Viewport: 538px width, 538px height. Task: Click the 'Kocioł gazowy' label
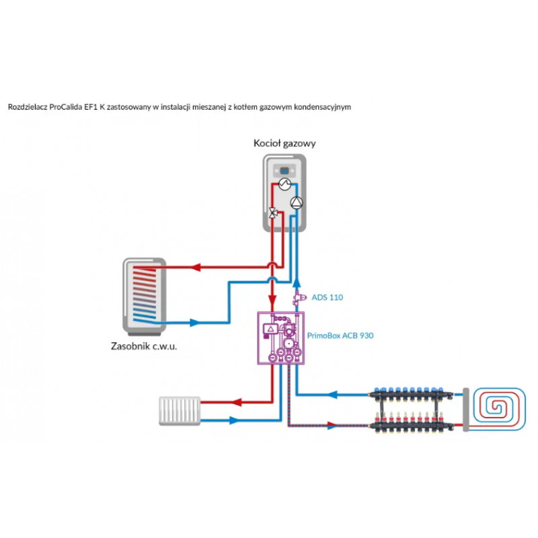click(x=284, y=143)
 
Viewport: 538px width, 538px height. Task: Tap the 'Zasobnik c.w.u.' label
click(x=144, y=346)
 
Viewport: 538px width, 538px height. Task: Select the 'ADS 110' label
click(x=327, y=297)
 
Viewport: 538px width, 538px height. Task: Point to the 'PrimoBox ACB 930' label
click(x=340, y=336)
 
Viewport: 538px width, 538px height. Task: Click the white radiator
click(x=180, y=411)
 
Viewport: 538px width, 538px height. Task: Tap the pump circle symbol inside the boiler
click(x=297, y=203)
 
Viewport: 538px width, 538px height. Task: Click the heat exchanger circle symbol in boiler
click(x=284, y=184)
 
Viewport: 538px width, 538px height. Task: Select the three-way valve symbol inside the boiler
click(x=273, y=213)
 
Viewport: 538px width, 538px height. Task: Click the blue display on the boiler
click(x=284, y=171)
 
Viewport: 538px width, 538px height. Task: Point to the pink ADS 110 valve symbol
click(x=299, y=298)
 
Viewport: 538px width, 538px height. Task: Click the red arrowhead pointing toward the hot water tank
click(x=196, y=267)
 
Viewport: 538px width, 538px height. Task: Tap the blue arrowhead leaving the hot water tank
click(x=194, y=323)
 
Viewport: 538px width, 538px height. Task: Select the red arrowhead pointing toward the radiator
click(x=237, y=402)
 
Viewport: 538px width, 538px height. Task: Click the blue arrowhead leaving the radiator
click(x=234, y=420)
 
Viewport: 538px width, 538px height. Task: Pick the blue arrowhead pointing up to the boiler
click(x=297, y=283)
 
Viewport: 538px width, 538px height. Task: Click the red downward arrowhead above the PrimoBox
click(x=272, y=299)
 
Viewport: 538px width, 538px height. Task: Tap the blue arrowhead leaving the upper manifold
click(x=333, y=395)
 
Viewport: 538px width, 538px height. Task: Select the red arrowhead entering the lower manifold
click(x=332, y=426)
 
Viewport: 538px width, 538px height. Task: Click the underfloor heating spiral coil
click(x=499, y=408)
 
